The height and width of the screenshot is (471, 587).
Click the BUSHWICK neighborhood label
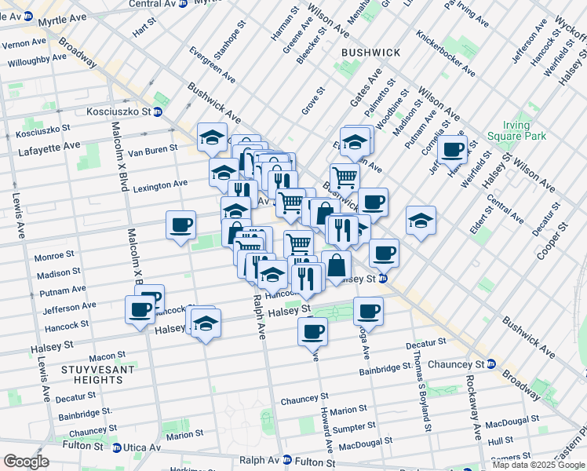coord(371,53)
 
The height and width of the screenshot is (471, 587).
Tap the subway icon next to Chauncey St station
coord(490,364)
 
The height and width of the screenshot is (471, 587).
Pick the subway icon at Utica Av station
coord(117,447)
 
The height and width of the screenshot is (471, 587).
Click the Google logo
coord(26,462)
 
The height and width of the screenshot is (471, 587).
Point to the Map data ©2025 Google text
coord(538,465)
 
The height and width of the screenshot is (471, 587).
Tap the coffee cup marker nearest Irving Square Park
coord(452,149)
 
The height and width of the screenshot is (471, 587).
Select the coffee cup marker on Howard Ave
coord(312,330)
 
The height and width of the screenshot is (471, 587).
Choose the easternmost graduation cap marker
coord(421,221)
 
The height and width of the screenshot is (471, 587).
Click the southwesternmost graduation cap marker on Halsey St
coord(205,323)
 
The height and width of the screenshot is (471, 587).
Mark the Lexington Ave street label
coord(160,185)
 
